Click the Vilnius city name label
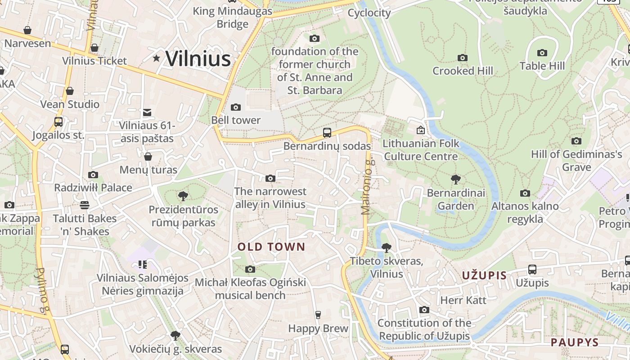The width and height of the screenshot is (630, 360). pyautogui.click(x=198, y=59)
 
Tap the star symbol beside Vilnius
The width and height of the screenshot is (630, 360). pyautogui.click(x=156, y=58)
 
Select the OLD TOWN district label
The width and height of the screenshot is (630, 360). pyautogui.click(x=271, y=247)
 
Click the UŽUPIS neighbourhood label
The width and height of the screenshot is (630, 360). pyautogui.click(x=484, y=275)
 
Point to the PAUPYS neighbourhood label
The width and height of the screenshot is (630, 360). pyautogui.click(x=575, y=342)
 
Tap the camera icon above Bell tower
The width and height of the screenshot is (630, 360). pyautogui.click(x=235, y=107)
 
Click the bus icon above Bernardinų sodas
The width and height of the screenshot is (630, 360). pyautogui.click(x=327, y=133)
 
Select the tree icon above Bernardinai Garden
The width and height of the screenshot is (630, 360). pyautogui.click(x=455, y=180)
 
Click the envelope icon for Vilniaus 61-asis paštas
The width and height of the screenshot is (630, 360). pyautogui.click(x=147, y=112)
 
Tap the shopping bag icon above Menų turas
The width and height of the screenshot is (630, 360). pyautogui.click(x=148, y=157)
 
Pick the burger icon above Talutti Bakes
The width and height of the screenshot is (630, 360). pyautogui.click(x=85, y=205)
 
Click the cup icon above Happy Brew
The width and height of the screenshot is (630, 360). pyautogui.click(x=318, y=315)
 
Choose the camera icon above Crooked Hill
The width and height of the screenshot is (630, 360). pyautogui.click(x=462, y=58)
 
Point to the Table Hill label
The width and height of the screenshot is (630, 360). pyautogui.click(x=542, y=66)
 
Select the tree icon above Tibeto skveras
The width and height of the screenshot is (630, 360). pyautogui.click(x=386, y=247)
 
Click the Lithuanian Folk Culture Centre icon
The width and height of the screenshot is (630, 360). pyautogui.click(x=420, y=130)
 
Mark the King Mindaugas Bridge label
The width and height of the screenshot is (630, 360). pyautogui.click(x=232, y=17)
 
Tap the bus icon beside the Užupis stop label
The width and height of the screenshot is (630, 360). pyautogui.click(x=532, y=270)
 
